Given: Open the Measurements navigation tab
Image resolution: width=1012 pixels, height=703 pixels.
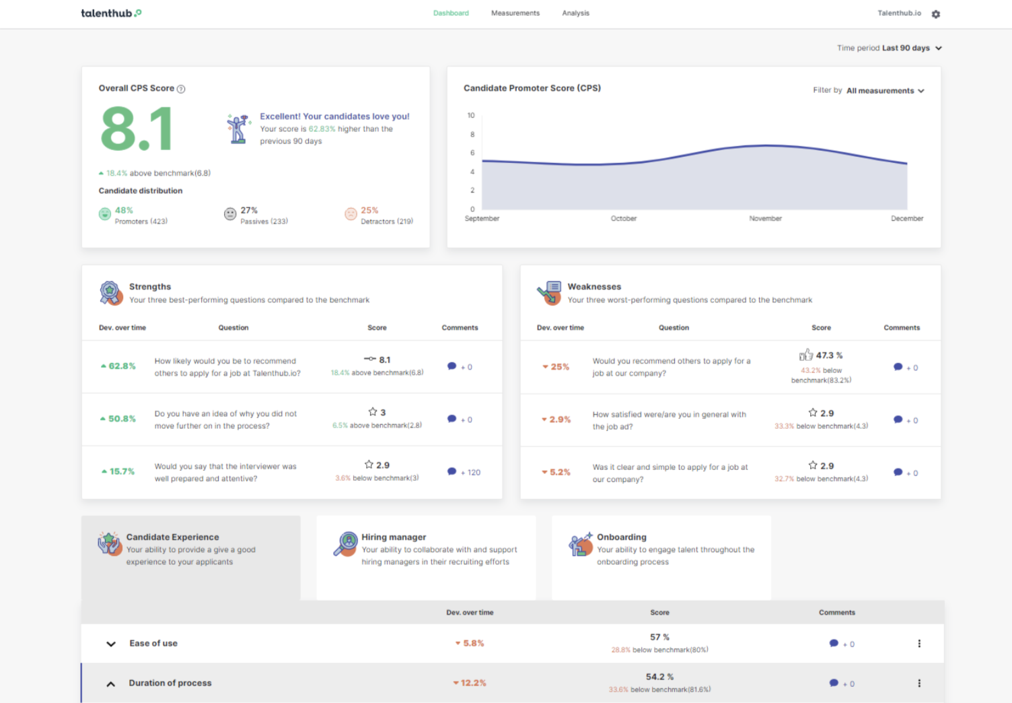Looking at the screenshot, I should tap(515, 13).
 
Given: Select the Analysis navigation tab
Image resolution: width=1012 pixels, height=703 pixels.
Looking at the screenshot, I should tap(575, 13).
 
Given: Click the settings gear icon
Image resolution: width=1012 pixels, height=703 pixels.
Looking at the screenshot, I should tap(935, 14).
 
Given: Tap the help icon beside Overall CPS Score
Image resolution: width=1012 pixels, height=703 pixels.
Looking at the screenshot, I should tap(181, 89).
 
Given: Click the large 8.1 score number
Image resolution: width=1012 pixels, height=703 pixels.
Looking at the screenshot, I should tap(137, 129).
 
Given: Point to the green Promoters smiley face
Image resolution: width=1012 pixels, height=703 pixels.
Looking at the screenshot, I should tap(105, 214).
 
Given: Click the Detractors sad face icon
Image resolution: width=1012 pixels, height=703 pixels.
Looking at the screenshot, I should tap(351, 214).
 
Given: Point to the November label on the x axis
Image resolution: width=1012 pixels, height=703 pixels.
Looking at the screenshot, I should tap(765, 218).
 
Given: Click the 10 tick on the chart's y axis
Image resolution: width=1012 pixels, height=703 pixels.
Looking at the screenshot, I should tap(471, 116).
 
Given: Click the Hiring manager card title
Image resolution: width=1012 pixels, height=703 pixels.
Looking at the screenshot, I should tap(394, 537).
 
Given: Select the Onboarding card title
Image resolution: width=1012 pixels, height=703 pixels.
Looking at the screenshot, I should tap(621, 537).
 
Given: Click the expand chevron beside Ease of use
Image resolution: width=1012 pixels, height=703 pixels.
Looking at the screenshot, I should tap(111, 644).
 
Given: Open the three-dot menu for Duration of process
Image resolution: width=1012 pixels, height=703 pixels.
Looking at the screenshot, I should tap(919, 683).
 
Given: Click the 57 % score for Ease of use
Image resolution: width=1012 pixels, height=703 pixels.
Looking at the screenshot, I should tap(659, 637).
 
